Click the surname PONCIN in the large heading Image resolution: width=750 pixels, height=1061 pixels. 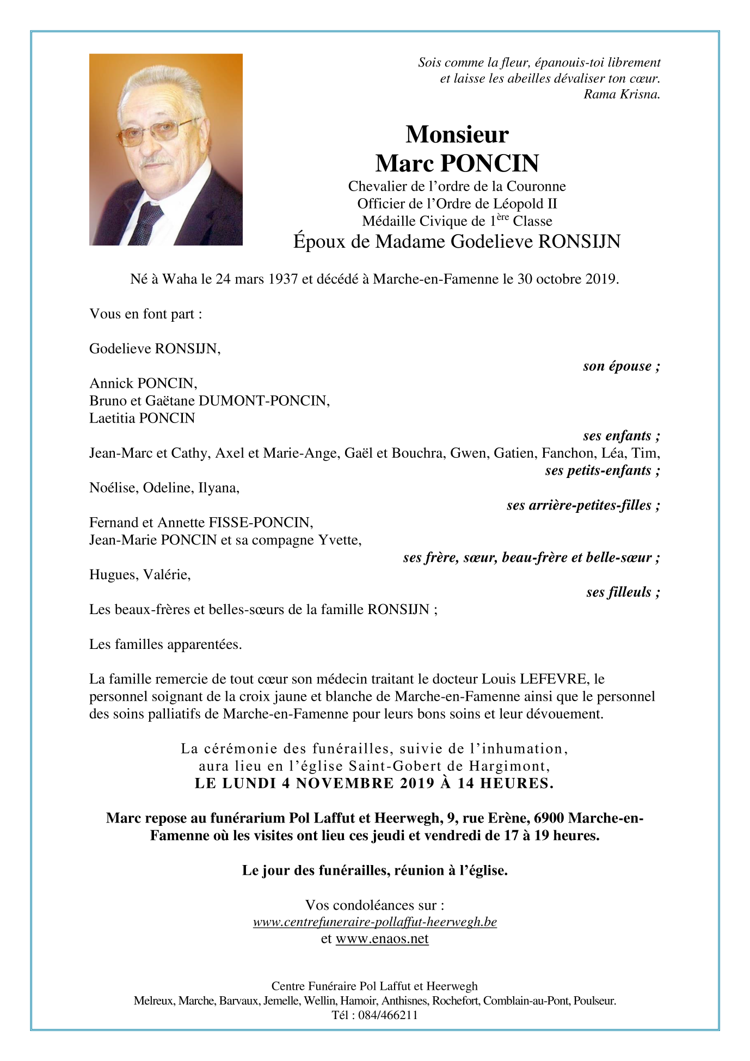tap(489, 163)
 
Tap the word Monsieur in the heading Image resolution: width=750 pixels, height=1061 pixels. tap(457, 134)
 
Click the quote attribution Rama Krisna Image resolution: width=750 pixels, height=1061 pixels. tap(622, 94)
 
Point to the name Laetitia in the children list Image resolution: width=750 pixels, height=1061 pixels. tap(113, 418)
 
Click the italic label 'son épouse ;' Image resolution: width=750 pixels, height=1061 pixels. tap(621, 366)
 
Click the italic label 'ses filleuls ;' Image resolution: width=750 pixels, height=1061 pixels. tap(623, 592)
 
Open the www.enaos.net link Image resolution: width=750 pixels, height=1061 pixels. tap(382, 939)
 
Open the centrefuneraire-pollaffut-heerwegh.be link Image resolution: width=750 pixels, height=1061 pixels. tap(374, 922)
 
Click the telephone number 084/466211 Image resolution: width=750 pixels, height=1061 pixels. tap(388, 1015)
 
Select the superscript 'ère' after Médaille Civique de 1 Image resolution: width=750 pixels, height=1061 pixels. tap(502, 217)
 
